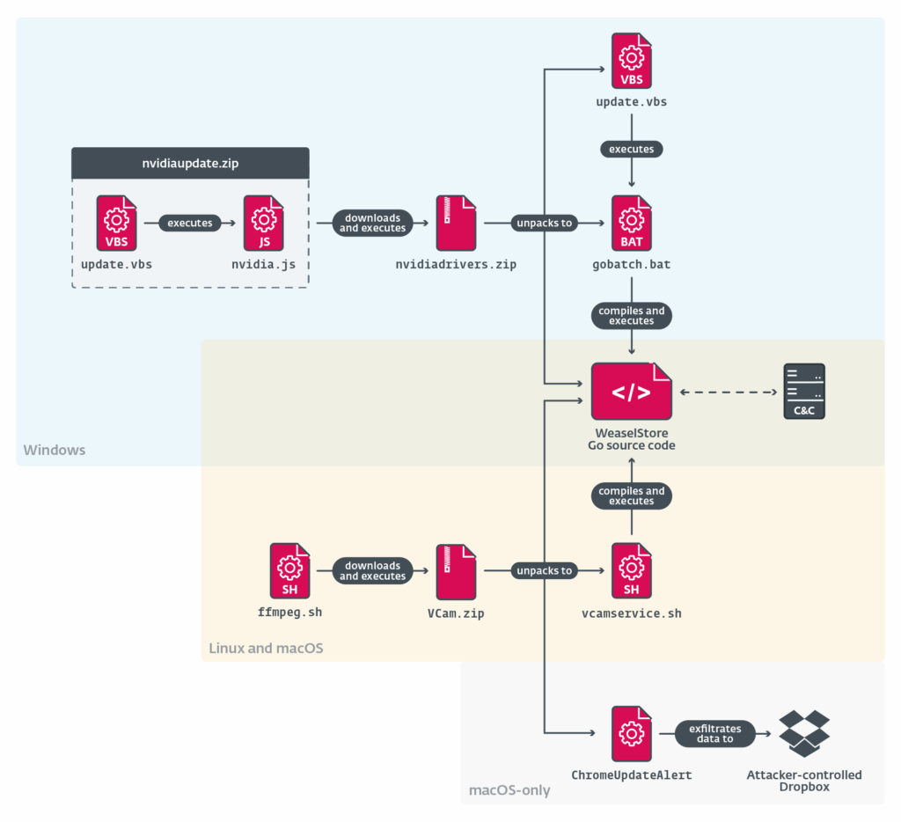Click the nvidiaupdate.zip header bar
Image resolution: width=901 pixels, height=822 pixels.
click(x=190, y=163)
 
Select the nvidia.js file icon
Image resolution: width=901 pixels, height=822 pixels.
click(x=264, y=224)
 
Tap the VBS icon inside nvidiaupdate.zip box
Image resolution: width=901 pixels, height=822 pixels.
click(x=117, y=224)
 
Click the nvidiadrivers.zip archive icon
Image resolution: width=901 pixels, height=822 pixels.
click(x=456, y=224)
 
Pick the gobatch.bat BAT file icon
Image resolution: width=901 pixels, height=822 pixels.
click(x=631, y=224)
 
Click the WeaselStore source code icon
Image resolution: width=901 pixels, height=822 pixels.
click(x=631, y=391)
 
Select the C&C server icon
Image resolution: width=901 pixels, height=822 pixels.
click(x=804, y=391)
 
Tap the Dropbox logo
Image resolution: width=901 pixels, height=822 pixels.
click(x=804, y=733)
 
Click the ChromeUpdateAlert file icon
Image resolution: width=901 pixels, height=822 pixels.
click(x=631, y=733)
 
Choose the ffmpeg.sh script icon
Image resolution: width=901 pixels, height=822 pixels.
click(x=290, y=571)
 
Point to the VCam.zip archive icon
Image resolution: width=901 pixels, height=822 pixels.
click(x=456, y=571)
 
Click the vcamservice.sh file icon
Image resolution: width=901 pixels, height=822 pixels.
click(x=631, y=571)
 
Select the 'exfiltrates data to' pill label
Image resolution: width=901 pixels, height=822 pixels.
click(x=715, y=733)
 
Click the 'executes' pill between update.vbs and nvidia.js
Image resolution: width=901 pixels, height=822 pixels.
click(x=190, y=224)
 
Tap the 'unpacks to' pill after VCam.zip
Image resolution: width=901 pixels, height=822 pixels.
click(x=545, y=571)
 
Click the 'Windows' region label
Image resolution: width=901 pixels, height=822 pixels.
click(x=55, y=450)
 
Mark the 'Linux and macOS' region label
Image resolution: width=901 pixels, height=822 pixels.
click(x=266, y=649)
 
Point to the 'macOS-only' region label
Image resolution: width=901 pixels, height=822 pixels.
click(x=509, y=790)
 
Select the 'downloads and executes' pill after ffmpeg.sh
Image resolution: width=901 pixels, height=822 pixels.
click(x=372, y=571)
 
